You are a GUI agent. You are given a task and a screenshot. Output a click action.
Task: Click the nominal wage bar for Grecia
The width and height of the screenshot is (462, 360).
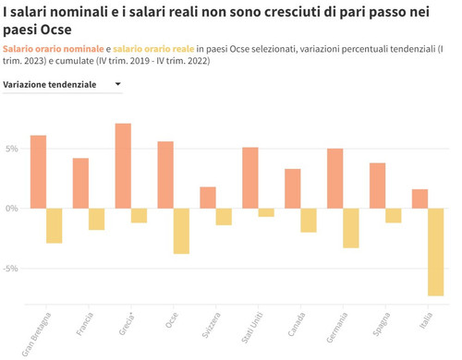pyautogui.click(x=123, y=166)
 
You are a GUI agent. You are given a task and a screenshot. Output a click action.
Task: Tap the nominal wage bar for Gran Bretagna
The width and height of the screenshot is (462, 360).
pyautogui.click(x=38, y=172)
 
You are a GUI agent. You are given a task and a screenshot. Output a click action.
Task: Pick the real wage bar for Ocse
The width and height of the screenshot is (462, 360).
pyautogui.click(x=181, y=231)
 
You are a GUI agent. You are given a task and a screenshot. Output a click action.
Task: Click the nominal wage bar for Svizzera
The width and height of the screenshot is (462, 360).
pyautogui.click(x=208, y=198)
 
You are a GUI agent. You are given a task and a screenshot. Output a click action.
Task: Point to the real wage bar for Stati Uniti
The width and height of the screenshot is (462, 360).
pyautogui.click(x=266, y=212)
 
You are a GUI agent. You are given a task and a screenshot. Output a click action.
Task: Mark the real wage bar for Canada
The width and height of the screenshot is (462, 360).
pyautogui.click(x=309, y=220)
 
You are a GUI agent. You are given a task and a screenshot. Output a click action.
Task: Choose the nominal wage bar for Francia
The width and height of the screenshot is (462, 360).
pyautogui.click(x=80, y=183)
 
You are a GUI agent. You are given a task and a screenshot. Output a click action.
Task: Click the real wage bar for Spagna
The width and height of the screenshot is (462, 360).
pyautogui.click(x=394, y=215)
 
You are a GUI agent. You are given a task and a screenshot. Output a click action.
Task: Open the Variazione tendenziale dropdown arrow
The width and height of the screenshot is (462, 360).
pyautogui.click(x=117, y=85)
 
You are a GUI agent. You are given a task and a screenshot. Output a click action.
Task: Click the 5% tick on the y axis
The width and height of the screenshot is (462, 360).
pyautogui.click(x=10, y=149)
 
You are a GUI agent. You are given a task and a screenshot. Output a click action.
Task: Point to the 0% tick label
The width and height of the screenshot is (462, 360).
pyautogui.click(x=10, y=209)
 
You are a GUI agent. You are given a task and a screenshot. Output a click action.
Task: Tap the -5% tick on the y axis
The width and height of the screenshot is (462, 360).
pyautogui.click(x=10, y=269)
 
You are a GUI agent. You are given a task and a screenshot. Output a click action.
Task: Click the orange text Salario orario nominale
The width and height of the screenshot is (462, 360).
pyautogui.click(x=53, y=48)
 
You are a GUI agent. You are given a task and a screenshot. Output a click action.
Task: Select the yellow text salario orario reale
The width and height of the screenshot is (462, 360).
pyautogui.click(x=153, y=48)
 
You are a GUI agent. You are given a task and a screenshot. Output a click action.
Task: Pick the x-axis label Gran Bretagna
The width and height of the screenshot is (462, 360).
pyautogui.click(x=37, y=334)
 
